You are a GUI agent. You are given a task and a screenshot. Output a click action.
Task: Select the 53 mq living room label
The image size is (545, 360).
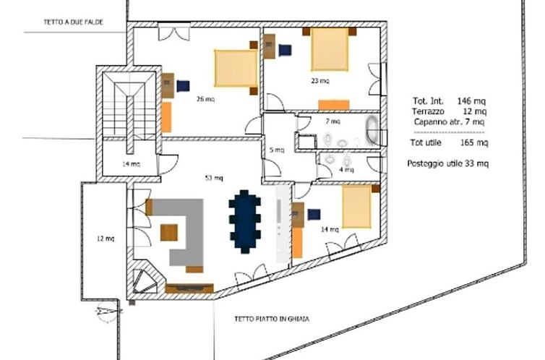pyautogui.click(x=214, y=178)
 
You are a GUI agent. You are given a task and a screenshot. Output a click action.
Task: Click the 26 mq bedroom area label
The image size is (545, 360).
pyautogui.click(x=205, y=99)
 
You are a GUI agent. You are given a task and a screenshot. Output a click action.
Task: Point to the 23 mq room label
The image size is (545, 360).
pyautogui.click(x=319, y=80)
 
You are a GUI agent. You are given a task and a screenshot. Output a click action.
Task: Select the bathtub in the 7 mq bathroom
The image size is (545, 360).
pyautogui.click(x=372, y=130)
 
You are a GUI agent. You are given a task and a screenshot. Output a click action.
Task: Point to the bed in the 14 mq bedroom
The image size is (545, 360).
pyautogui.click(x=356, y=205)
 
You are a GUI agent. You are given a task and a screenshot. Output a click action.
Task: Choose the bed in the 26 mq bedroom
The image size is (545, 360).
pyautogui.click(x=236, y=69)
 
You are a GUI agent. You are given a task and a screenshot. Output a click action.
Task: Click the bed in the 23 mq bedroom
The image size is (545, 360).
pyautogui.click(x=330, y=48)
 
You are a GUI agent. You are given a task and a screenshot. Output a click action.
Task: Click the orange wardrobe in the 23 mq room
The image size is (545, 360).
pyautogui.click(x=334, y=104)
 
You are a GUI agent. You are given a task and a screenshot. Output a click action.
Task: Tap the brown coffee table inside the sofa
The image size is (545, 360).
pyautogui.click(x=169, y=233)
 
